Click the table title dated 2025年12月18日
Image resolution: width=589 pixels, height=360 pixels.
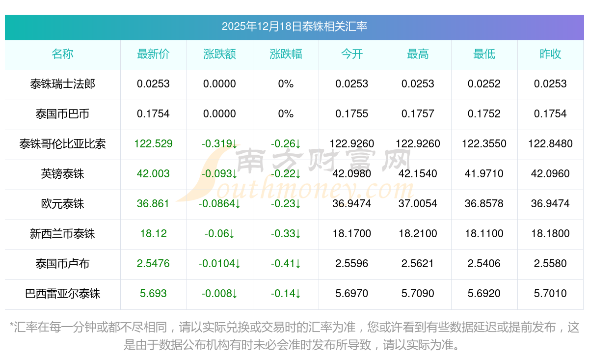point(294,27)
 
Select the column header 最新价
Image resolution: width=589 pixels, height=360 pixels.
point(153,54)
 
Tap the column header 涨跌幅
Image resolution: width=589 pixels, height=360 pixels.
point(286,54)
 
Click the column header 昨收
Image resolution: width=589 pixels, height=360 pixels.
point(550,54)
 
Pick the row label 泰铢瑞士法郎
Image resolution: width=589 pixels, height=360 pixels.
point(62,84)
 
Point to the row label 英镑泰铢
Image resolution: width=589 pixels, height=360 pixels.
point(62,174)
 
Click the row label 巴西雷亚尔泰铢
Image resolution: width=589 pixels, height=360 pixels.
point(62,294)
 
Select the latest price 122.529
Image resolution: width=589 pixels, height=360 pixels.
point(153,144)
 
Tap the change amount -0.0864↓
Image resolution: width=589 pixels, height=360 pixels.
point(219,204)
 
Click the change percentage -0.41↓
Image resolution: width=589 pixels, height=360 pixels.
point(286,264)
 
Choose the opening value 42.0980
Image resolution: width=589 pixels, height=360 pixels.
point(352,174)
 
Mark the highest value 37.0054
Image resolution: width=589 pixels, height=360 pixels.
point(418,204)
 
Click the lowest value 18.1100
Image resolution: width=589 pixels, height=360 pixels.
point(484,234)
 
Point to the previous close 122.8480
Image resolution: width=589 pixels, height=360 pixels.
point(550,144)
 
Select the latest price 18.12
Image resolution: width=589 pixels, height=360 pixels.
point(153,234)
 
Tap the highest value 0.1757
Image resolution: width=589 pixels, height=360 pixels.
point(418,114)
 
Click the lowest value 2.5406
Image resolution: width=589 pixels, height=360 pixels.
point(484,264)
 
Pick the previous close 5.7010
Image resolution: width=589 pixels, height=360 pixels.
point(550,294)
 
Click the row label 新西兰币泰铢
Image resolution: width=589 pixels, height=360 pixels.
point(62,234)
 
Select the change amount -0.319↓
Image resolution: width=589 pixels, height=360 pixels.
point(219,144)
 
